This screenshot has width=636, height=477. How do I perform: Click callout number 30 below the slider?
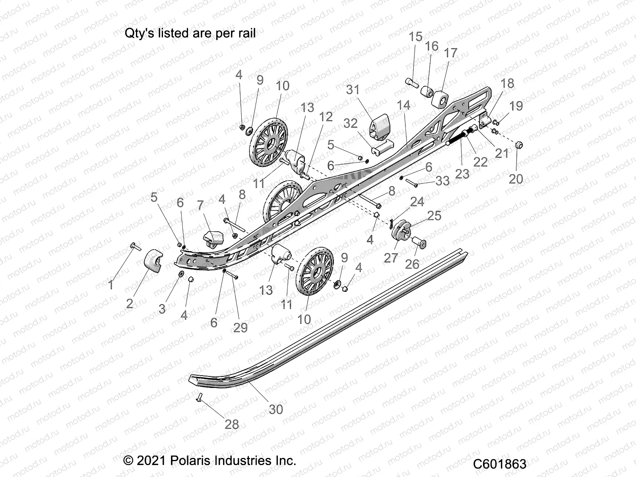(275, 409)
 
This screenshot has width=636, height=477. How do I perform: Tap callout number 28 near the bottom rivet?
(232, 424)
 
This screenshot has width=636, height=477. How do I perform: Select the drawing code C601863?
(500, 464)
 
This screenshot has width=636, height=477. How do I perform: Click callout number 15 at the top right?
(415, 37)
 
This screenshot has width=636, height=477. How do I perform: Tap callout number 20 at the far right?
(516, 179)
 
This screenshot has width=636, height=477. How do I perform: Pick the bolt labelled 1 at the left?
(134, 247)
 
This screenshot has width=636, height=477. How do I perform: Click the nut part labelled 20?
(519, 145)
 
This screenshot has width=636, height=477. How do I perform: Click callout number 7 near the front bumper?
(200, 206)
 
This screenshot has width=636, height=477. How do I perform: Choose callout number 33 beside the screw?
(442, 181)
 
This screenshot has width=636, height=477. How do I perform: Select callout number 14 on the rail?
(403, 105)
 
